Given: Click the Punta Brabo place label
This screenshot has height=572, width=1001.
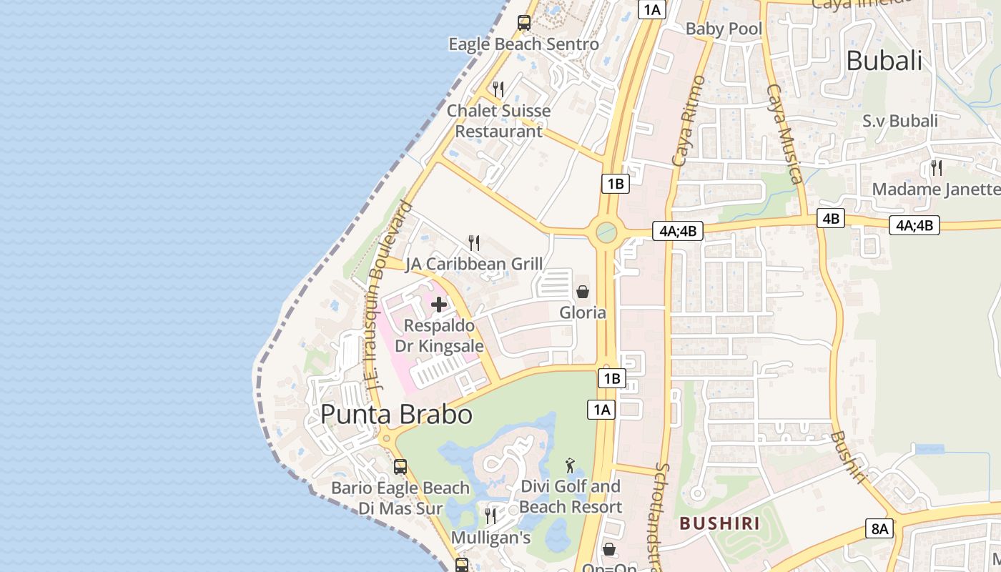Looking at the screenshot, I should tap(396, 415).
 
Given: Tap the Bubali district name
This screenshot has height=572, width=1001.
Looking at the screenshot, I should tap(884, 61).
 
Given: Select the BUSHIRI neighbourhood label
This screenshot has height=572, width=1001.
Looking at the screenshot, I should tap(719, 523).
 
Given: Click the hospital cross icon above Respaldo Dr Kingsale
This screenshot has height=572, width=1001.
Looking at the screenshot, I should tap(439, 305).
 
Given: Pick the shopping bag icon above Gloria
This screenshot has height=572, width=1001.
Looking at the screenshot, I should tap(583, 292).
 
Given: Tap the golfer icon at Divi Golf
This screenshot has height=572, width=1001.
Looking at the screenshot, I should tap(570, 466).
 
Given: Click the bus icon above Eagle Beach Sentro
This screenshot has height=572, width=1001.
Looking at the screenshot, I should tap(524, 23).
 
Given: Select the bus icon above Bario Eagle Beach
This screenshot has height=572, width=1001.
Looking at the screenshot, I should tap(400, 467).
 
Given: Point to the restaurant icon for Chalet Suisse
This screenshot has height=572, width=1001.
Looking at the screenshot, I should tap(498, 89).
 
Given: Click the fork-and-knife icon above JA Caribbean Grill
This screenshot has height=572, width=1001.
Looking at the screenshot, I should tap(473, 243).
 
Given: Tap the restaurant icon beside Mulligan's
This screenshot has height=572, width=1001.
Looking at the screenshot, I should tap(490, 516).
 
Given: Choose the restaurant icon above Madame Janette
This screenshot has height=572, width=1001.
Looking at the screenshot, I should tap(936, 168).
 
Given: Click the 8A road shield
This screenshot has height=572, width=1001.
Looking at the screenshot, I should tap(879, 528).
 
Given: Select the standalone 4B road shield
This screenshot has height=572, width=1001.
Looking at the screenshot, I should tap(831, 218).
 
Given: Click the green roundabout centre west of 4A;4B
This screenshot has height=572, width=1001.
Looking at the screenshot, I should tap(606, 231).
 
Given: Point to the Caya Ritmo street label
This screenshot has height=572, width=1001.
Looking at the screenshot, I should tap(688, 121).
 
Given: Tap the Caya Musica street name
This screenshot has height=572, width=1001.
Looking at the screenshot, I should tap(784, 134).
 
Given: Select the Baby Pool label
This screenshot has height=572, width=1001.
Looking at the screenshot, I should tap(724, 29).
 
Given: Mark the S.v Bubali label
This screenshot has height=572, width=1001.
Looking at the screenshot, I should tap(899, 121).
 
